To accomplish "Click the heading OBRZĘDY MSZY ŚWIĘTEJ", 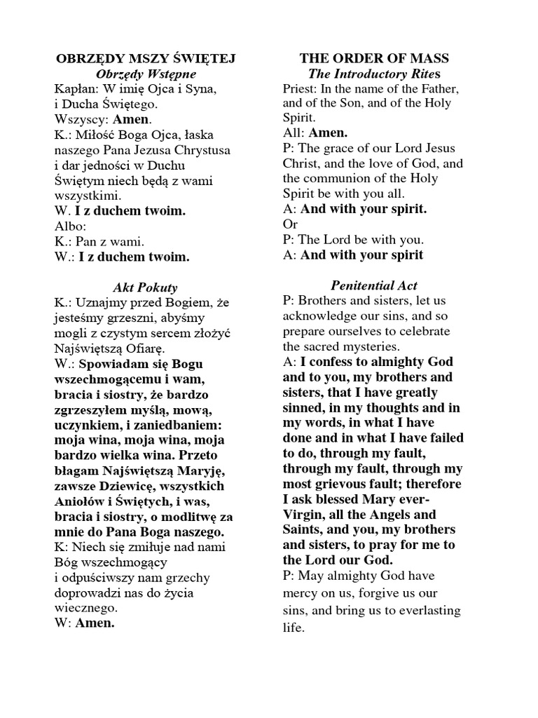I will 145,58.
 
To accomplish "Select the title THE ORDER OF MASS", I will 375,58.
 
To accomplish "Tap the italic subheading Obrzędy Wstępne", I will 146,74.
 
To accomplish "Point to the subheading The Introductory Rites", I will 375,74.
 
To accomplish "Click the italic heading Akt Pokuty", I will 145,287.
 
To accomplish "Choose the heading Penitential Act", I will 374,285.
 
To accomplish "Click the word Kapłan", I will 74,89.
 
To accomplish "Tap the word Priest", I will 300,89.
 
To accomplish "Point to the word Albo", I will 69,226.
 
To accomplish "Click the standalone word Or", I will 290,224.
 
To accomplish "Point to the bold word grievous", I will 336,485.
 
